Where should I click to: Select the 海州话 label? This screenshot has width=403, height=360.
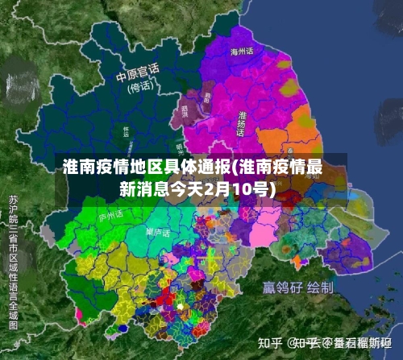tap(242, 51)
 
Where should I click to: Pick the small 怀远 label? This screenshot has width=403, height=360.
tap(126, 131)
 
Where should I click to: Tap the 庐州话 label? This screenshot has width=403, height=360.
tap(109, 216)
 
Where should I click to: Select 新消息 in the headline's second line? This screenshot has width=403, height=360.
tap(140, 189)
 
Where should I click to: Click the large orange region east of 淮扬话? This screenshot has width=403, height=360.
tap(305, 129)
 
